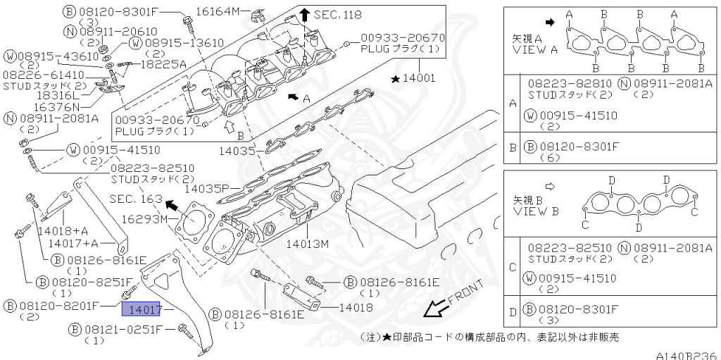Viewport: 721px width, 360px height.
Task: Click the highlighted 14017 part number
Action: (142, 309)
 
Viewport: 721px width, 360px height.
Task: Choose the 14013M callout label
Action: (308, 244)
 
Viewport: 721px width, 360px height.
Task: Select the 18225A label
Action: (163, 63)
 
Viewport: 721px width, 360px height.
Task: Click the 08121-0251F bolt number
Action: (124, 329)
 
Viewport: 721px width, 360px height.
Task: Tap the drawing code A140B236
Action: (686, 354)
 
